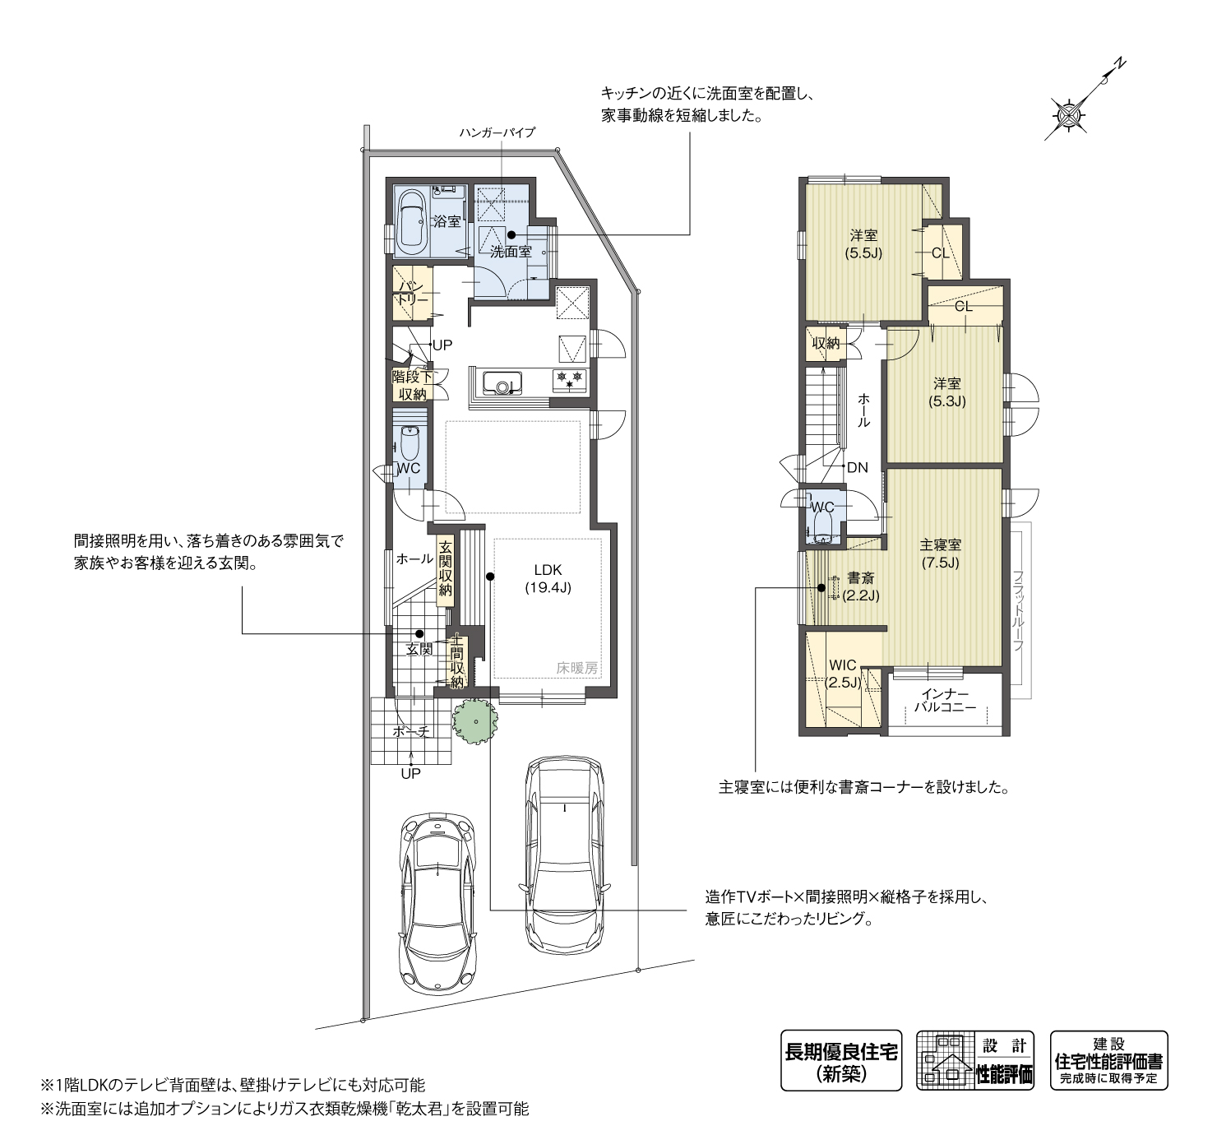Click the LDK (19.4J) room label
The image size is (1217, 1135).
pos(548,578)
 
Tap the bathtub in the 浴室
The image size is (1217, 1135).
pos(412,223)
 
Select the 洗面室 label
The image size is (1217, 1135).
pos(511,252)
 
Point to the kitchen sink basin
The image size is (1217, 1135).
pos(503,382)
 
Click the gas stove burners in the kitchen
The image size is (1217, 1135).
pos(569,379)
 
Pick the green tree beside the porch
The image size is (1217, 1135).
pos(474,722)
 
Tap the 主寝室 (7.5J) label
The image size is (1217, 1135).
pos(940,553)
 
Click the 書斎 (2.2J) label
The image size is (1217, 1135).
pos(861,586)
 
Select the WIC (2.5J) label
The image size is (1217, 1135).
pos(843,674)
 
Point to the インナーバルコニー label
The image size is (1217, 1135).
pos(945,700)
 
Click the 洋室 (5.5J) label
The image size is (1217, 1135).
pos(863,244)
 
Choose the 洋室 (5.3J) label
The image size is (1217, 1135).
pos(946,392)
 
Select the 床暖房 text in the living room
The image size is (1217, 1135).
pos(576,669)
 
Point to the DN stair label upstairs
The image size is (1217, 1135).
pos(858,467)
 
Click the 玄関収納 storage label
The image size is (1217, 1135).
pos(445,567)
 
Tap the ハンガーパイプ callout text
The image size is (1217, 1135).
pos(497,132)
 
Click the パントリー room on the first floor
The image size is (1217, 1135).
pos(413,293)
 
